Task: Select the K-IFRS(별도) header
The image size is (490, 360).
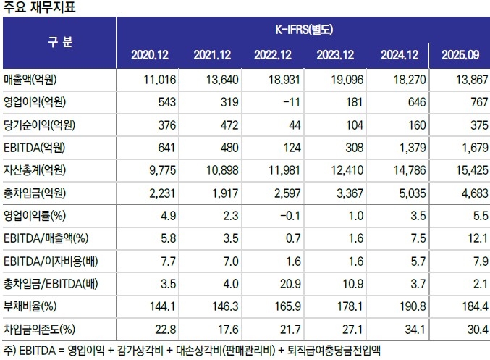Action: pyautogui.click(x=303, y=30)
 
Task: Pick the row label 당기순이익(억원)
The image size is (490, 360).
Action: pyautogui.click(x=40, y=125)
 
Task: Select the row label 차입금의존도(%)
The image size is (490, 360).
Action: pyautogui.click(x=40, y=329)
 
